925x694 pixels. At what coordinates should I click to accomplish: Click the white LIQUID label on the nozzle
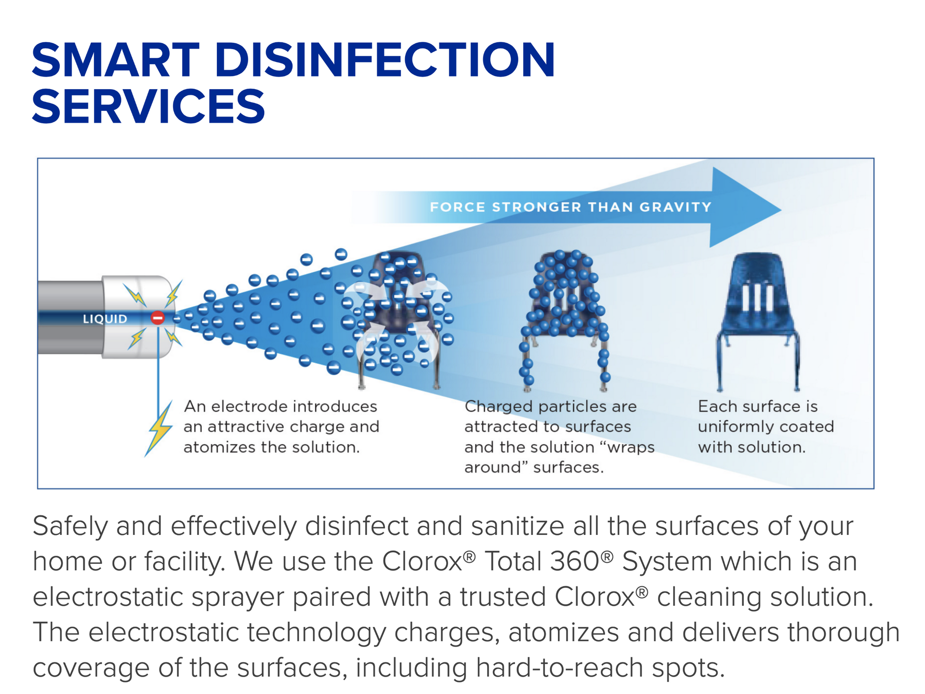click(x=105, y=319)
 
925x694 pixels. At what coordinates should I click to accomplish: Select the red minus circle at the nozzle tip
click(x=158, y=318)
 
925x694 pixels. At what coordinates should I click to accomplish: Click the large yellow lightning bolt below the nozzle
click(x=159, y=428)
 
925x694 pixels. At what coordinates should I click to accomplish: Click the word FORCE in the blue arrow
click(x=458, y=207)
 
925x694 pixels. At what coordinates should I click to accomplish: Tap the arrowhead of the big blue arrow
click(x=745, y=208)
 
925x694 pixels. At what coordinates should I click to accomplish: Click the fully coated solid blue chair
click(x=758, y=320)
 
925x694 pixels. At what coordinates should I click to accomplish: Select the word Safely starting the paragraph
click(x=70, y=526)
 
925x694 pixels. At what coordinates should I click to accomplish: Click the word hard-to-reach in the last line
click(x=559, y=668)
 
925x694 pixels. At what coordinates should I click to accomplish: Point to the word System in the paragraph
click(x=667, y=562)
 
